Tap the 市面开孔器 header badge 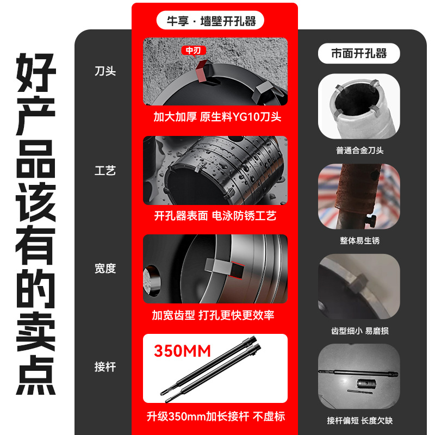pyautogui.click(x=359, y=53)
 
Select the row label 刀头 pyautogui.click(x=105, y=71)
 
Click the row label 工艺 pyautogui.click(x=105, y=171)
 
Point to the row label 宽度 pyautogui.click(x=105, y=269)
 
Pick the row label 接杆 pyautogui.click(x=105, y=366)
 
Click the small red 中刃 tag pyautogui.click(x=193, y=51)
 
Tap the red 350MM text pyautogui.click(x=182, y=351)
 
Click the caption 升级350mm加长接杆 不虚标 pyautogui.click(x=216, y=417)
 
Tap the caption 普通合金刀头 pyautogui.click(x=359, y=151)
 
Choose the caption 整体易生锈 pyautogui.click(x=359, y=240)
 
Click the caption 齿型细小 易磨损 pyautogui.click(x=359, y=331)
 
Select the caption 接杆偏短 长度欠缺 pyautogui.click(x=359, y=420)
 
